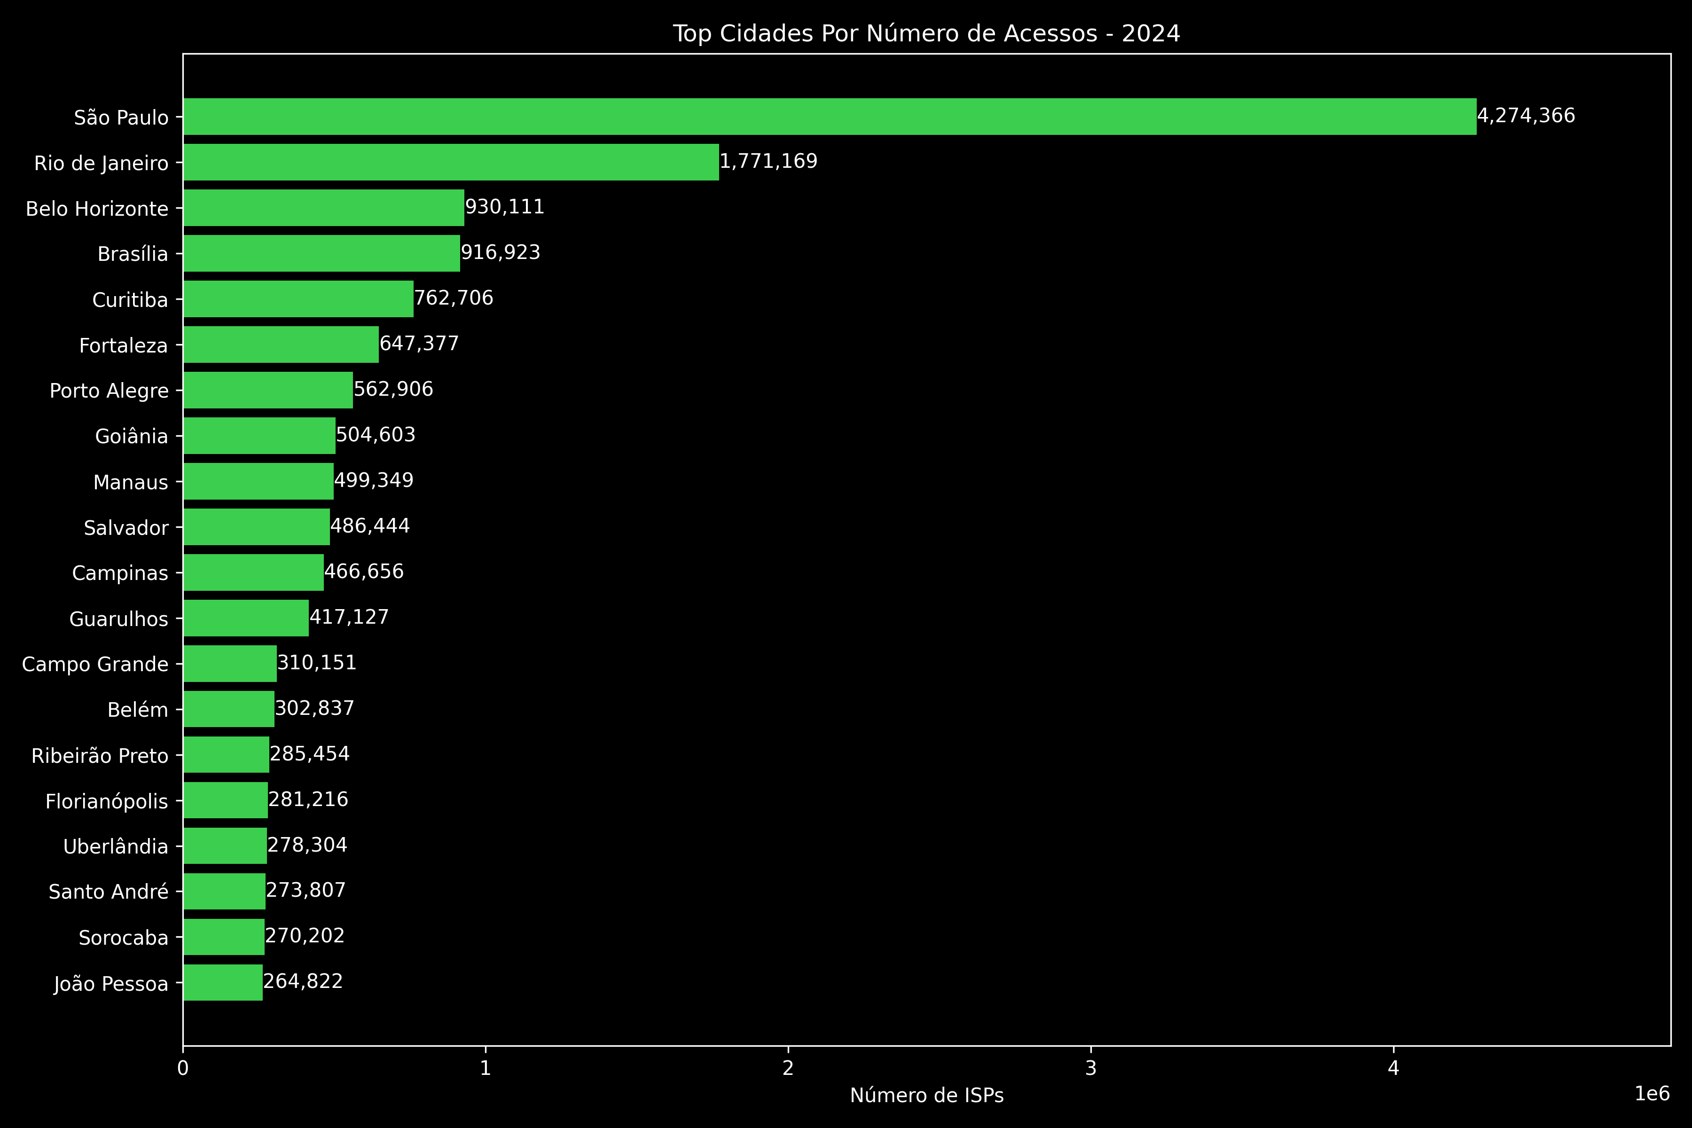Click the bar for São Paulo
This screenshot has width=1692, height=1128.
(x=830, y=117)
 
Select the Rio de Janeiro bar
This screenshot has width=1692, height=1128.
(x=451, y=162)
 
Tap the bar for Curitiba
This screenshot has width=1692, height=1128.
(x=298, y=298)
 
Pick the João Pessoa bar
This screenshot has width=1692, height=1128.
(x=223, y=983)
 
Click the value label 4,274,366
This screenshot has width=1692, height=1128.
(x=1526, y=116)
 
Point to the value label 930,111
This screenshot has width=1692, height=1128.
(x=504, y=207)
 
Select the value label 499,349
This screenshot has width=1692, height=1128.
(x=374, y=480)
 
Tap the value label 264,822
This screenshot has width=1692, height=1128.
(x=303, y=981)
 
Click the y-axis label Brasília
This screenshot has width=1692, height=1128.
(x=133, y=254)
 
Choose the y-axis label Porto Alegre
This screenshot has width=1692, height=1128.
(x=110, y=391)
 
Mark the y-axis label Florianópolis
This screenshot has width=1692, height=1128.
(x=107, y=801)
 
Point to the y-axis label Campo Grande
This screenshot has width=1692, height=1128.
(x=95, y=664)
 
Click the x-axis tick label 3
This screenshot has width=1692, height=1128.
(x=1090, y=1068)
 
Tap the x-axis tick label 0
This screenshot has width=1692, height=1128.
(x=183, y=1068)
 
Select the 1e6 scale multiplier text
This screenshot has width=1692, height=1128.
(x=1652, y=1094)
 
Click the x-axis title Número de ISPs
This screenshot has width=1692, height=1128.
(x=926, y=1096)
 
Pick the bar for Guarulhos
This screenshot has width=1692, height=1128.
(x=246, y=618)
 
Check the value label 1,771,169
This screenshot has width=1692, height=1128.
(x=768, y=161)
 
